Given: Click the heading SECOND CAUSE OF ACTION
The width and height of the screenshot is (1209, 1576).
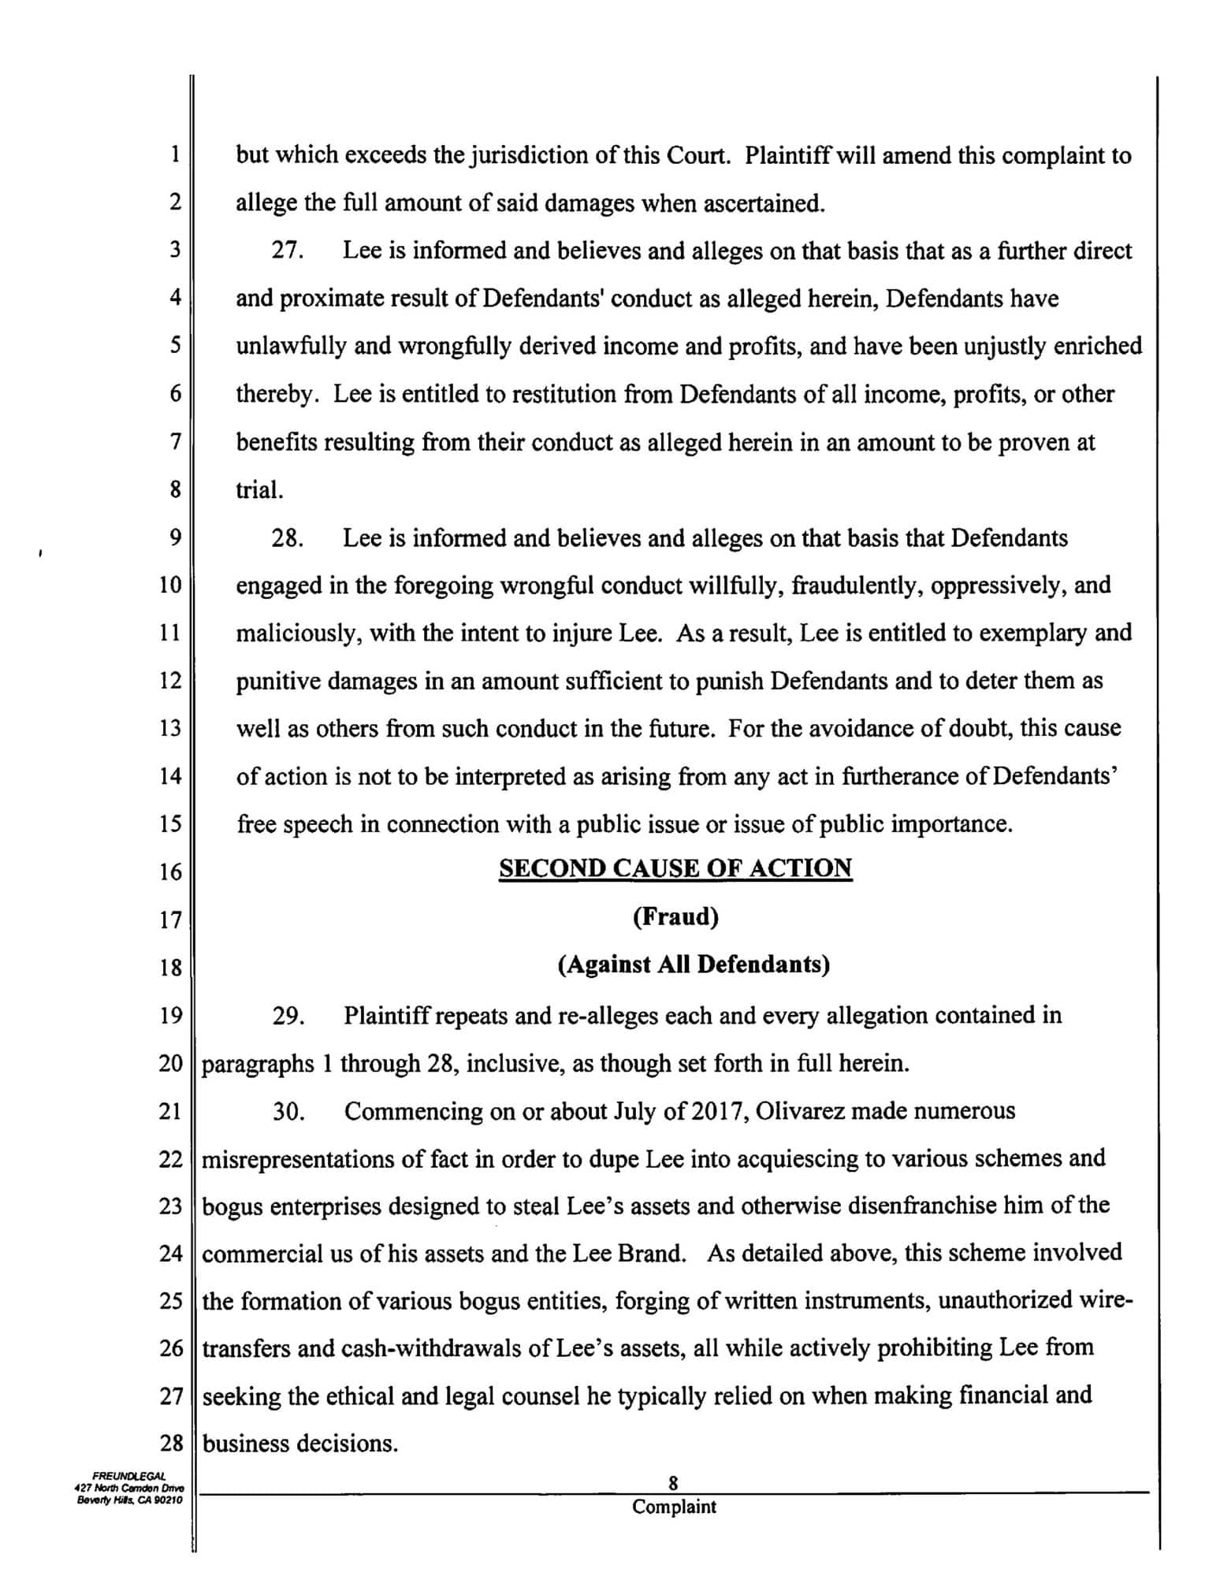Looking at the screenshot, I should click(x=675, y=868).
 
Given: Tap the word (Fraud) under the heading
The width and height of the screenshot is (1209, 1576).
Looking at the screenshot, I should click(x=675, y=917).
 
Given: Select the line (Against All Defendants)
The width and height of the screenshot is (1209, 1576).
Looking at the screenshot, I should click(x=694, y=965).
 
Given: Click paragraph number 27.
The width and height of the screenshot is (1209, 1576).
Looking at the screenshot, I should click(x=288, y=251).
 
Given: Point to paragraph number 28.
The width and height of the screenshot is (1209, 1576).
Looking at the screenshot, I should click(x=288, y=538).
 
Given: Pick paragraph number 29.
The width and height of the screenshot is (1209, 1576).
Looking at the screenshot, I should click(x=288, y=1016).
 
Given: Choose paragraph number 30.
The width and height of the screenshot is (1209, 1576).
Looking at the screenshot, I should click(x=288, y=1111).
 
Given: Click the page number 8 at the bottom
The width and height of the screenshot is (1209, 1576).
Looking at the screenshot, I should click(x=673, y=1483).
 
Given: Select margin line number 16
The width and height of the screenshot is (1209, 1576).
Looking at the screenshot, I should click(x=170, y=872).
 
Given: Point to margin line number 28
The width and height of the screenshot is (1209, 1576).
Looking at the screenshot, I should click(x=171, y=1444).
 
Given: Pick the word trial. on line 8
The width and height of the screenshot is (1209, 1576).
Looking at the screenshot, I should click(x=259, y=490).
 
